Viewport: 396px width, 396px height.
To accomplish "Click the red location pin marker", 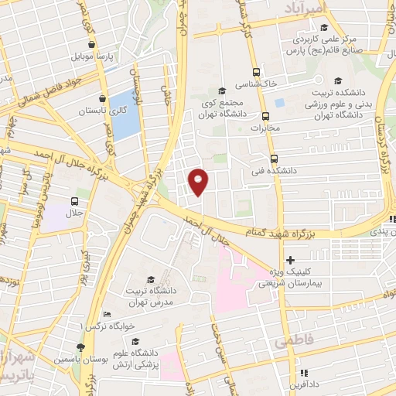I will [199, 180].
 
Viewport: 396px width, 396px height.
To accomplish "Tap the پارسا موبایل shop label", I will [92, 57].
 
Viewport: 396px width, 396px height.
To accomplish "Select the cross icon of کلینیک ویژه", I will [290, 261].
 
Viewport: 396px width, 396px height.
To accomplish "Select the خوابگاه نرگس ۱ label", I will [111, 326].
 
